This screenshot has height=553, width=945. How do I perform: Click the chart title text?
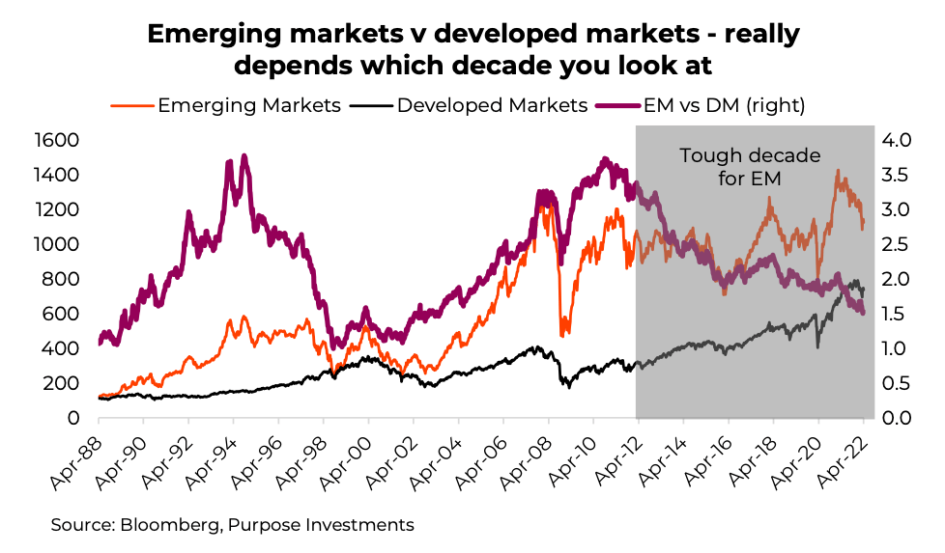pyautogui.click(x=472, y=50)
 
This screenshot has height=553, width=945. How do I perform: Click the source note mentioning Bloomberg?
pyautogui.click(x=232, y=525)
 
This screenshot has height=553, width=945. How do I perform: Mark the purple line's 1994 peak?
pyautogui.click(x=243, y=155)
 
